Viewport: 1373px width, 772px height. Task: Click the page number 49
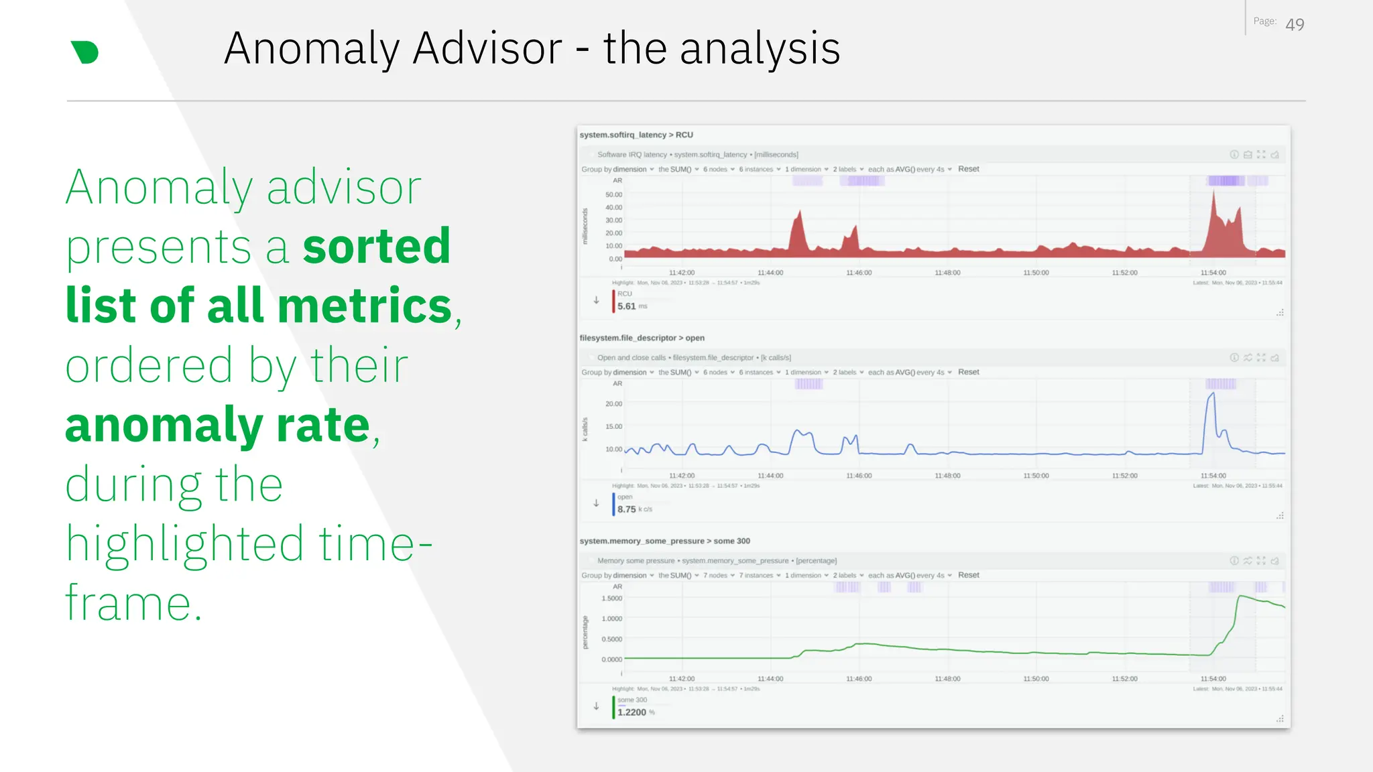1295,25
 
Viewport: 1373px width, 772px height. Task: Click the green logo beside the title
84,52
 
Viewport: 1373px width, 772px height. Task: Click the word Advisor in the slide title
487,48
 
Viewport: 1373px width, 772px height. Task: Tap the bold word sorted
376,247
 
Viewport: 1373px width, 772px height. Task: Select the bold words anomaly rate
218,425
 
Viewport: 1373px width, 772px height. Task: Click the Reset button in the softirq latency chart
968,169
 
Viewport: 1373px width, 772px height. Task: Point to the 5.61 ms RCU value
627,306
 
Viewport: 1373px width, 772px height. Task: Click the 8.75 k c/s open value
627,509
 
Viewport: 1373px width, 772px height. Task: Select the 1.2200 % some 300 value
632,712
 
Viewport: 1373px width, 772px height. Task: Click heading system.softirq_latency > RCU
636,135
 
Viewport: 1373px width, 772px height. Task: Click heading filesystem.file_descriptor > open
642,338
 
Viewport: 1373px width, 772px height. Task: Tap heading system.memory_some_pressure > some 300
664,541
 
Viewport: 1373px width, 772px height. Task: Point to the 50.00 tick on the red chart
613,194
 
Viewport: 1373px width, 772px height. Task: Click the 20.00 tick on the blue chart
613,403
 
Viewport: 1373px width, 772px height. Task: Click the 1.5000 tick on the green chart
612,598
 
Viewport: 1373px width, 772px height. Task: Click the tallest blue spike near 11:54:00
1211,395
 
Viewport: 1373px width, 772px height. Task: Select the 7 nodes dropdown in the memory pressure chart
718,575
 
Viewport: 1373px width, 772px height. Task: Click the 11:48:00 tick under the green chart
947,679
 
